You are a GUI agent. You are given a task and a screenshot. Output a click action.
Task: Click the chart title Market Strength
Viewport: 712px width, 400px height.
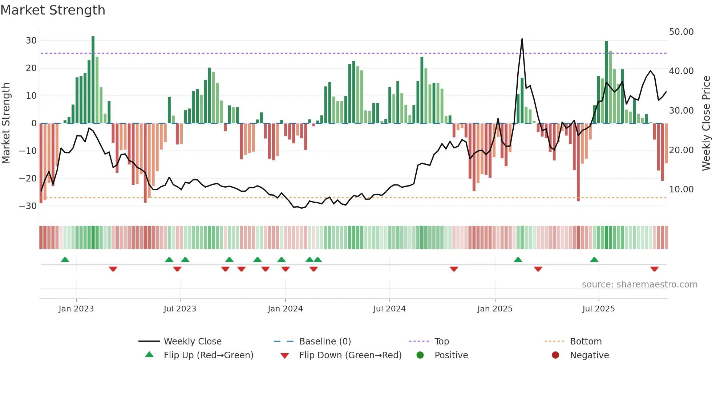(53, 10)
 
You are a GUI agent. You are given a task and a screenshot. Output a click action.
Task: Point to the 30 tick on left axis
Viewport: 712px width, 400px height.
(31, 41)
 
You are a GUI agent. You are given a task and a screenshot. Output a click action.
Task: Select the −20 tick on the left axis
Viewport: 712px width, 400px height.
(28, 179)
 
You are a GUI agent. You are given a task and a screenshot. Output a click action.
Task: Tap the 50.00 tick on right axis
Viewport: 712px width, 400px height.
(681, 32)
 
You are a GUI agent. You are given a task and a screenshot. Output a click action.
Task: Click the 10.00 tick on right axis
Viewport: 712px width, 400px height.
(681, 189)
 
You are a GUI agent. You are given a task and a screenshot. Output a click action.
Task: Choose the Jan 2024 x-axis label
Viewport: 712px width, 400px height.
(285, 309)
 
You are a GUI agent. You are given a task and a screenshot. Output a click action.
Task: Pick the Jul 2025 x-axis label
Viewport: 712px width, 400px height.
(598, 309)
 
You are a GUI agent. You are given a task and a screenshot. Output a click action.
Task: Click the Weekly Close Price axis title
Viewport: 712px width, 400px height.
(706, 123)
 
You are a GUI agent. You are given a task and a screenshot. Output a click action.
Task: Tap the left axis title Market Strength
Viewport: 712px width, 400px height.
(6, 123)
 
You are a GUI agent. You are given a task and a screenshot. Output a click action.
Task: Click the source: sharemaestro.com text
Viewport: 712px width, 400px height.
(639, 285)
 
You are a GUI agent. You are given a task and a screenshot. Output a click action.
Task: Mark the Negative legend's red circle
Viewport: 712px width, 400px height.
(555, 355)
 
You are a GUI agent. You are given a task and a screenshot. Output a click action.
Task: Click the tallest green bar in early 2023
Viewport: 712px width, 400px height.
(93, 80)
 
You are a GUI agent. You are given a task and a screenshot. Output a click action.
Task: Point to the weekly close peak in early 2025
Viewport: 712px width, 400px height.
(522, 39)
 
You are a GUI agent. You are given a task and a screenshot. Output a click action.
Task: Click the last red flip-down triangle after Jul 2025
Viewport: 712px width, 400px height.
(654, 269)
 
